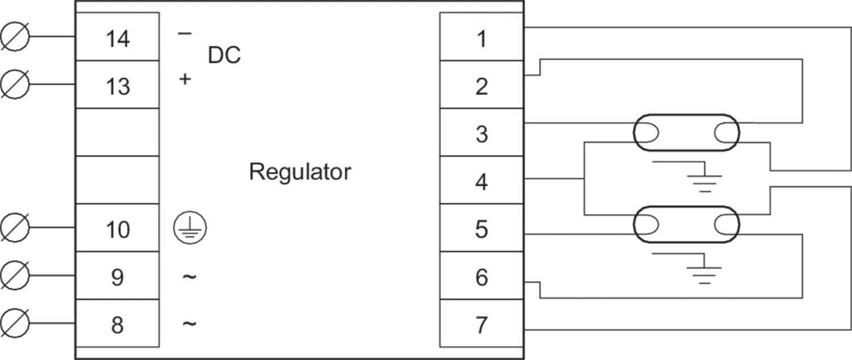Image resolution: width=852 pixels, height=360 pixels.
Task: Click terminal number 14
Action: [x=118, y=39]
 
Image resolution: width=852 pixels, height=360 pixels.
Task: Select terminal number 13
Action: [x=118, y=87]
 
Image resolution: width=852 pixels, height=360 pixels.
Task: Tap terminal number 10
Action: [x=118, y=229]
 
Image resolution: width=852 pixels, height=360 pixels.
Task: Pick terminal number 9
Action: [x=117, y=278]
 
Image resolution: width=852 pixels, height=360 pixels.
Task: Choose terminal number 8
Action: [x=117, y=325]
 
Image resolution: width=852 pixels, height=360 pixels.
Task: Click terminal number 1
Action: [x=482, y=39]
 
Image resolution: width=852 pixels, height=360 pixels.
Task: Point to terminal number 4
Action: [x=482, y=182]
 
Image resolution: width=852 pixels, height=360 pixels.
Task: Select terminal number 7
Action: [x=482, y=325]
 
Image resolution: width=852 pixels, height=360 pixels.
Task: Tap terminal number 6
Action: [x=482, y=278]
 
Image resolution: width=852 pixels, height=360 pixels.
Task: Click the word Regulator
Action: [x=300, y=172]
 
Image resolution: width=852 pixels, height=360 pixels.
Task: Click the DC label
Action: [x=224, y=55]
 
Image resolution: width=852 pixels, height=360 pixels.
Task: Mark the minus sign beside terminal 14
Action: [x=185, y=34]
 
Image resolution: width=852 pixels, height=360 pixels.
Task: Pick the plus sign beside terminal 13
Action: [x=185, y=79]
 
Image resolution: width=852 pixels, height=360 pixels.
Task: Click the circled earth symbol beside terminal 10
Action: [x=190, y=228]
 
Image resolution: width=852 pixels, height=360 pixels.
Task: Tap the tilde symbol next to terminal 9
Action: [x=189, y=277]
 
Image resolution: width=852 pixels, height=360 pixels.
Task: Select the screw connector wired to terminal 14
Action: [x=14, y=36]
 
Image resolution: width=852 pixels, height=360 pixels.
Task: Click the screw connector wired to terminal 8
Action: [x=14, y=323]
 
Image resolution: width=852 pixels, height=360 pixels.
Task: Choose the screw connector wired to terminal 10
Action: [x=14, y=227]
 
